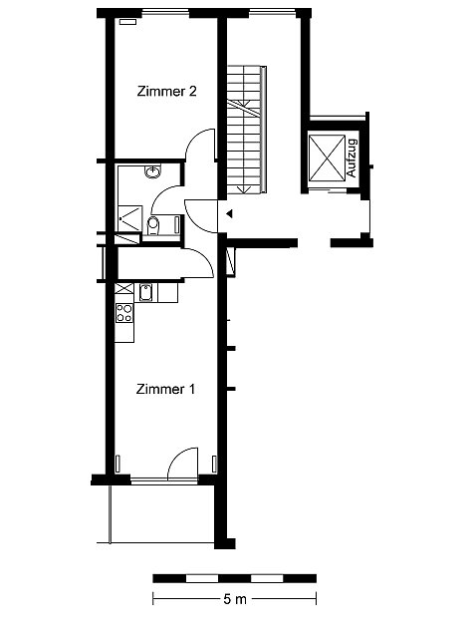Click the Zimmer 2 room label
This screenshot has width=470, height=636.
[x=166, y=91]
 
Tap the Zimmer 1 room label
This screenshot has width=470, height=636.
[x=165, y=389]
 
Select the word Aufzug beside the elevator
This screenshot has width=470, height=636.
[x=352, y=158]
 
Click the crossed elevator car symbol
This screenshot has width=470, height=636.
[x=327, y=158]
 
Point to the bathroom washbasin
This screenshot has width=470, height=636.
[x=152, y=171]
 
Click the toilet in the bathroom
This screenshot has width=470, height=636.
[x=152, y=226]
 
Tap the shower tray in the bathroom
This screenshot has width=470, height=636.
[x=130, y=219]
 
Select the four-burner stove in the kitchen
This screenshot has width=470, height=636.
[x=124, y=313]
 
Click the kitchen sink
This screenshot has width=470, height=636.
[x=145, y=292]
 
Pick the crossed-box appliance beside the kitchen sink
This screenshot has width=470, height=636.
[x=124, y=288]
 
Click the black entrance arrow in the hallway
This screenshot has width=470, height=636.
[x=229, y=213]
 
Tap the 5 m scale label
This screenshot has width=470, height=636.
[x=235, y=599]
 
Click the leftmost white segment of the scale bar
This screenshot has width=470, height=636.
[x=202, y=578]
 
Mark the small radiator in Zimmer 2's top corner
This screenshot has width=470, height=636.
[x=127, y=22]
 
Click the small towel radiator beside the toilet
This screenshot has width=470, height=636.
[x=176, y=225]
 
